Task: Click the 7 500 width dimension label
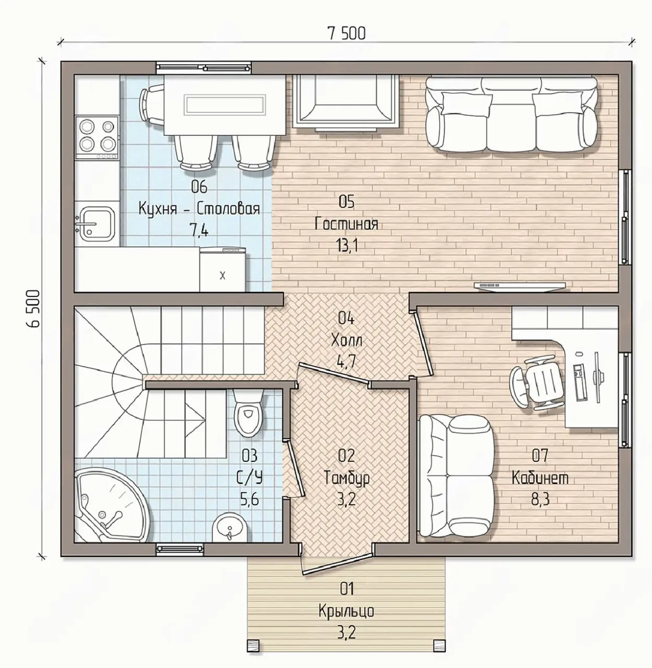(346, 33)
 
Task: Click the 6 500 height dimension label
(34, 308)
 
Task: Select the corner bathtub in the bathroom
(112, 505)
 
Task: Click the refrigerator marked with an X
(222, 270)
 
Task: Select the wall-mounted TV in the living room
(520, 285)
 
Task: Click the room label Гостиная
(346, 224)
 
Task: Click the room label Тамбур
(346, 478)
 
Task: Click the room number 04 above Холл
(346, 318)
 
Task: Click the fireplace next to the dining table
(345, 102)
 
